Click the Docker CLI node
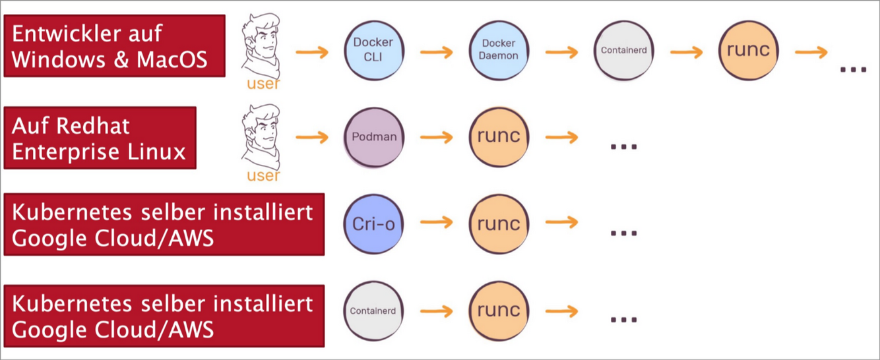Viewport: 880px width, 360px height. pos(373,50)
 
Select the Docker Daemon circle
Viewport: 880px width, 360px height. pos(499,50)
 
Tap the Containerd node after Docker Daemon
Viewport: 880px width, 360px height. pos(624,50)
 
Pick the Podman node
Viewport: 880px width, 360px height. pos(373,137)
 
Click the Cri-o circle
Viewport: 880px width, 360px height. pos(373,224)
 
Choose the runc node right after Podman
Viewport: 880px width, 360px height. pos(499,137)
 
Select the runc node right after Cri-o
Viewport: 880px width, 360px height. pos(499,224)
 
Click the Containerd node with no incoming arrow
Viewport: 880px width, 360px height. pos(373,311)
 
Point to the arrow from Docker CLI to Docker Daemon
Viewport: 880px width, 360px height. pos(436,51)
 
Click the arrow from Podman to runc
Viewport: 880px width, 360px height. pos(436,137)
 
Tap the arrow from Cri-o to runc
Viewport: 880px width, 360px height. pos(436,223)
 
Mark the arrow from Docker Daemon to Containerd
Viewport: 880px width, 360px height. pos(561,51)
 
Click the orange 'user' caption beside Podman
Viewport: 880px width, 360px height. pos(263,175)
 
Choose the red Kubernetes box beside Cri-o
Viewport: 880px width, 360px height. pos(164,224)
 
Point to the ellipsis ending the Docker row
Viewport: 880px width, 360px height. pos(852,68)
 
